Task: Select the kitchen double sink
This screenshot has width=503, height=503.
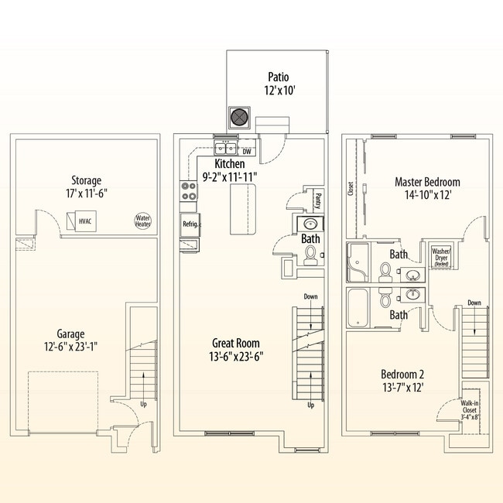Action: [x=225, y=149]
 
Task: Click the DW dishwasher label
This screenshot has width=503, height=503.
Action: [x=247, y=152]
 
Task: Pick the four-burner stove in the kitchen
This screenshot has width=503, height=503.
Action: [x=188, y=191]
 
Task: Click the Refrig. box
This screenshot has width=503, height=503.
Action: [x=190, y=224]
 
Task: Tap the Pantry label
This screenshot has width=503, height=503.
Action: [x=317, y=201]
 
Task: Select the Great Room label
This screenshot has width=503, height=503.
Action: [x=236, y=349]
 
